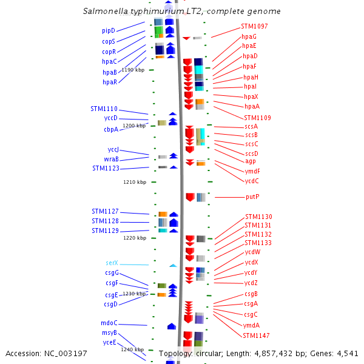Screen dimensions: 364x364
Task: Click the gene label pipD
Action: tap(109, 30)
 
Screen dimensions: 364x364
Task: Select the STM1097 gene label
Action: tap(254, 26)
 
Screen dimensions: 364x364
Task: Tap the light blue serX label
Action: tap(112, 263)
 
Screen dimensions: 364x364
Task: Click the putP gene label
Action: tap(252, 197)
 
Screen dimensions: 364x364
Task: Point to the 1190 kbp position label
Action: tap(133, 70)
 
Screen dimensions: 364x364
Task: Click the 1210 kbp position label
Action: tap(135, 181)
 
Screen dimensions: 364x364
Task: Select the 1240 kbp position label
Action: tap(132, 349)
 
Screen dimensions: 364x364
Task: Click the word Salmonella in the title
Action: tap(104, 12)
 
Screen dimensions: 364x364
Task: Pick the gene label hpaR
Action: tap(110, 82)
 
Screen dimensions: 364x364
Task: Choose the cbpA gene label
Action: tap(111, 129)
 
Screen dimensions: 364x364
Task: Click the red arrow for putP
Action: tap(190, 197)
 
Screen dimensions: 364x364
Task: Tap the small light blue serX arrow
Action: tap(173, 265)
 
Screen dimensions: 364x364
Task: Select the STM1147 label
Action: tap(257, 335)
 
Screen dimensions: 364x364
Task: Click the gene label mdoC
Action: tap(109, 323)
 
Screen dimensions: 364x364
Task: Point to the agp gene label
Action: tap(251, 161)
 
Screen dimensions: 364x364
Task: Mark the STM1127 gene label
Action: tap(105, 211)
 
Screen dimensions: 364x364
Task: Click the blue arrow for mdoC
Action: tap(172, 326)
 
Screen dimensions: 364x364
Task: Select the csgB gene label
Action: tap(251, 294)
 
